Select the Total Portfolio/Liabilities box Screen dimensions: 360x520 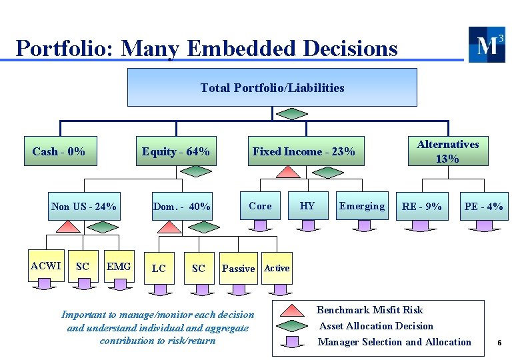272,87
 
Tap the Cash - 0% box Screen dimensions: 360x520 59,151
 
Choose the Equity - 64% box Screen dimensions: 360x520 176,151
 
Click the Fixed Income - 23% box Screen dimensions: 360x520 303,151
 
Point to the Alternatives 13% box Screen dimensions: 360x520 447,151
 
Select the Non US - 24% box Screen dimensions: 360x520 84,207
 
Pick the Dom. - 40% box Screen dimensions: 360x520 181,207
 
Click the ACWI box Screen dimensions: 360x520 46,266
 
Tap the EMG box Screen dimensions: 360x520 119,267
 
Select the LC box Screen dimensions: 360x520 159,268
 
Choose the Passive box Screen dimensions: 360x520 238,268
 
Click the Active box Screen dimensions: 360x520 277,268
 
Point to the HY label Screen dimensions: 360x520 307,206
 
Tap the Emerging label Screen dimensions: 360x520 362,206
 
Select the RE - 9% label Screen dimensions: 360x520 421,207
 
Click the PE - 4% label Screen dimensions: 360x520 483,207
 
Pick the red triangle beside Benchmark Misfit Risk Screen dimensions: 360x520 293,311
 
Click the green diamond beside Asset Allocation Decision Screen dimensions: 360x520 293,326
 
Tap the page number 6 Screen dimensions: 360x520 499,343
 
